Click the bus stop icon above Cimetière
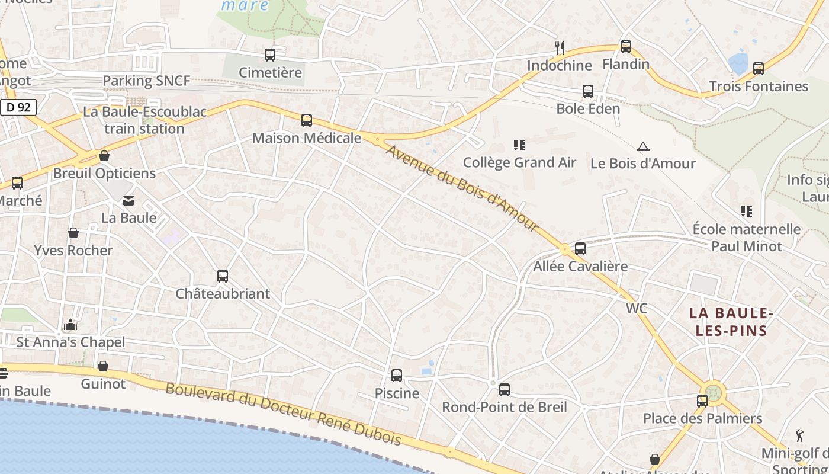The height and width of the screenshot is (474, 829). tap(270, 55)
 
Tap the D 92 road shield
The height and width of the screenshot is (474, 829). tap(18, 108)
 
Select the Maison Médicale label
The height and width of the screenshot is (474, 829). tap(306, 138)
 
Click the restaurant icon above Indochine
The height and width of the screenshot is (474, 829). tap(559, 47)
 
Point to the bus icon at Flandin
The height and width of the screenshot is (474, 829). tap(625, 47)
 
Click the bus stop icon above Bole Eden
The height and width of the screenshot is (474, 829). tap(587, 91)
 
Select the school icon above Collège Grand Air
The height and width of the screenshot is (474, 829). tap(519, 145)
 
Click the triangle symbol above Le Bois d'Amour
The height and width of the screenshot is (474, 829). tap(642, 146)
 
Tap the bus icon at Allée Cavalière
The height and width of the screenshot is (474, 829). tap(580, 249)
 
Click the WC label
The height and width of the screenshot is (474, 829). tap(637, 309)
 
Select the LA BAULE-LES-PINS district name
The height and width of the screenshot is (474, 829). tap(731, 322)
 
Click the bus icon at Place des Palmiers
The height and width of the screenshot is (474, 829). tap(702, 401)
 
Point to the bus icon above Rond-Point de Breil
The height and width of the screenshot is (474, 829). tap(504, 390)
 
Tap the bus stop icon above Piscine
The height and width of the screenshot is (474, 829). tap(397, 376)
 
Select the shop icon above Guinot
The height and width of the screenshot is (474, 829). tap(103, 366)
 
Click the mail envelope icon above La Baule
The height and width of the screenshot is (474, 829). tap(128, 201)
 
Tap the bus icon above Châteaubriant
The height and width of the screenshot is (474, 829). tap(223, 276)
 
